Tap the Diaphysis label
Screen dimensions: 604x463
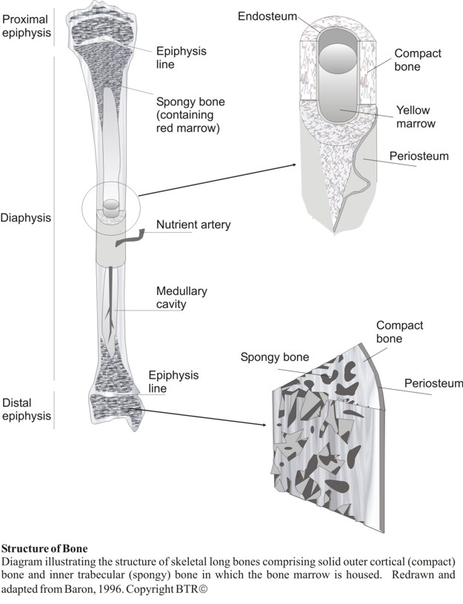(26, 219)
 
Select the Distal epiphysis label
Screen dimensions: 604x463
(26, 410)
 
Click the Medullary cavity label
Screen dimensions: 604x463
(181, 296)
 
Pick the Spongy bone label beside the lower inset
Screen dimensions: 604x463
(274, 358)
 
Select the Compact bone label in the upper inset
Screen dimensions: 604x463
(418, 60)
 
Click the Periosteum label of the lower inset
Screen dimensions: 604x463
(433, 383)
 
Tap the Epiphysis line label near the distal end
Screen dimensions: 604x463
(173, 382)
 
